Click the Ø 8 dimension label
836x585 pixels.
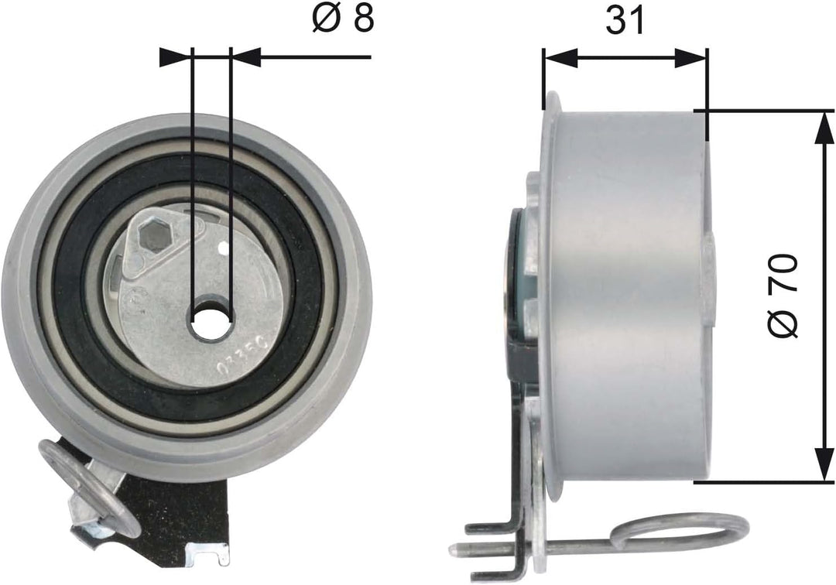tap(343, 20)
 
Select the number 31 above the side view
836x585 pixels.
tap(625, 21)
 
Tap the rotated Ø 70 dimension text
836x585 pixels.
tap(783, 296)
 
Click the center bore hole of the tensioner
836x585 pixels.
tap(211, 320)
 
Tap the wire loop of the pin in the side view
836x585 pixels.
tap(681, 535)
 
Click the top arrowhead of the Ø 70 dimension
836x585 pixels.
tap(821, 128)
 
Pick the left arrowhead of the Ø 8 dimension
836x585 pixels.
tap(175, 56)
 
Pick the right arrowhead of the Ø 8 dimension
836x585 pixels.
tap(246, 56)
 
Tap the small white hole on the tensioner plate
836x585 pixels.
tap(223, 248)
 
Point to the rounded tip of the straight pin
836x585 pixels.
tap(455, 549)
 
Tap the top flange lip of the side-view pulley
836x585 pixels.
tap(551, 105)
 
